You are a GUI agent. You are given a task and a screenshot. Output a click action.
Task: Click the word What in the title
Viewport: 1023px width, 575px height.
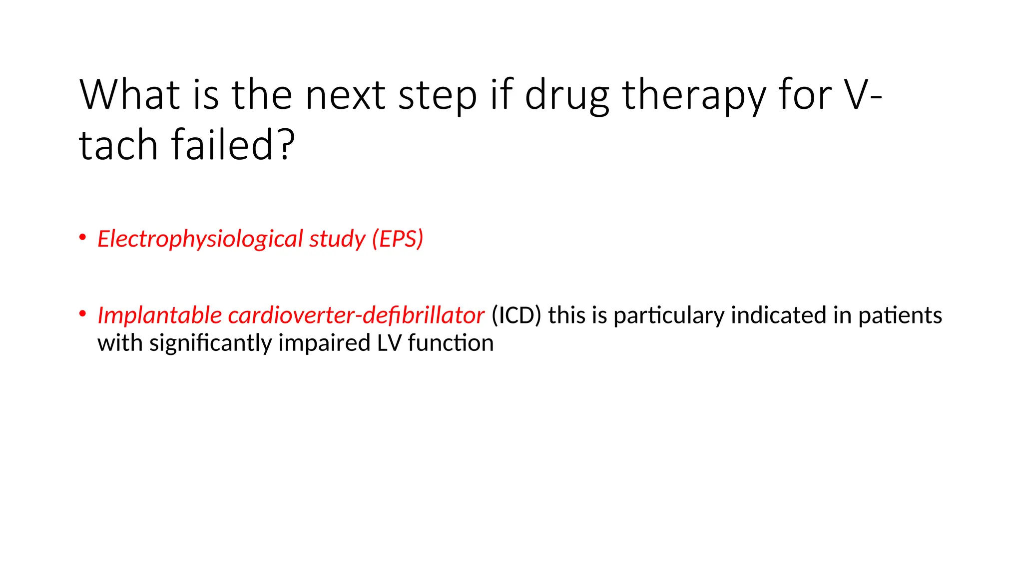(129, 95)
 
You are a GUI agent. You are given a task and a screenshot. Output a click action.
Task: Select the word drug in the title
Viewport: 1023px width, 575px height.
(566, 96)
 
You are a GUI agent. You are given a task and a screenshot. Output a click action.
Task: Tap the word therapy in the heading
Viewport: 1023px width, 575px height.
(693, 96)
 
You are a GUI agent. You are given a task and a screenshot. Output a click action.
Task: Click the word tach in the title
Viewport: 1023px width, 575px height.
(118, 145)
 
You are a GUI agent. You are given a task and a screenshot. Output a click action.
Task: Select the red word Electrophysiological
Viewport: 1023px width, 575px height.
(200, 239)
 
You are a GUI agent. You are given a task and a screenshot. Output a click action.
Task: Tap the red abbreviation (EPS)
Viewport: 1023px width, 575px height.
(398, 239)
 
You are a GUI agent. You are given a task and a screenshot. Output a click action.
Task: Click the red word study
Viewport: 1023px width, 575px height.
(337, 239)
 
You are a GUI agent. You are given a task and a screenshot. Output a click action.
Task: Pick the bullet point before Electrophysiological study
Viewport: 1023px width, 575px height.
(82, 237)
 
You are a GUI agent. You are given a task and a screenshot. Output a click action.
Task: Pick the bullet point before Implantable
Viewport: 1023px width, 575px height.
(82, 314)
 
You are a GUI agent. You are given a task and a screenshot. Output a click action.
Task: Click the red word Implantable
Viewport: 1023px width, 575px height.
(159, 315)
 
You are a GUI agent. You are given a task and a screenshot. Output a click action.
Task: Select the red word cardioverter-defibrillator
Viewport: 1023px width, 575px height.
(356, 315)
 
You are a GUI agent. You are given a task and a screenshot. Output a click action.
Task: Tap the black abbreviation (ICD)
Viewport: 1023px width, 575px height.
(516, 315)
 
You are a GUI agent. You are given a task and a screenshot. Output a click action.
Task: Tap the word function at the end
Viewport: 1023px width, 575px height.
(451, 343)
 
